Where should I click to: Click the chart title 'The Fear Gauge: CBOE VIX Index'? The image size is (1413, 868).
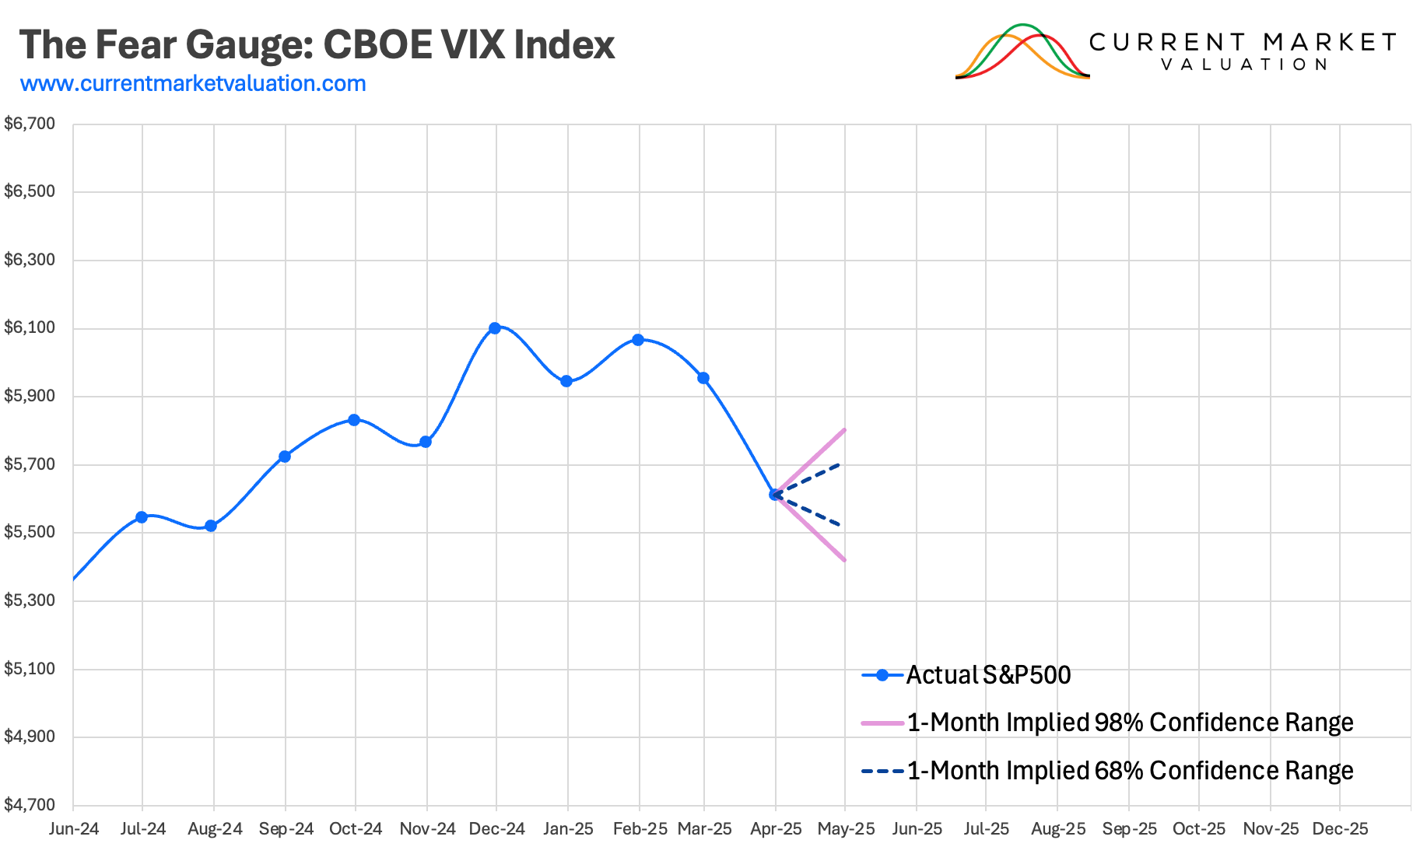(x=317, y=44)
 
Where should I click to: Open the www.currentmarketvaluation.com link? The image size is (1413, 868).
(x=193, y=83)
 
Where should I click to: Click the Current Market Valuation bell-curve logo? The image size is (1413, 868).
(x=1022, y=51)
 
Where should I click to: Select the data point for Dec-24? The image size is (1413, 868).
(x=495, y=328)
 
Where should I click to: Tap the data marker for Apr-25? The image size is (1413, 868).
(x=775, y=495)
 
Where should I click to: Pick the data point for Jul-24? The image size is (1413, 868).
(x=142, y=517)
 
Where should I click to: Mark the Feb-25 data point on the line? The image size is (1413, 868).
(x=638, y=340)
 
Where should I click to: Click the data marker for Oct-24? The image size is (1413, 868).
(x=354, y=420)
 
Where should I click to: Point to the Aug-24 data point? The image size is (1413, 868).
(x=211, y=526)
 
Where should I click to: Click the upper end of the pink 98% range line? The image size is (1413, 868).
(x=844, y=430)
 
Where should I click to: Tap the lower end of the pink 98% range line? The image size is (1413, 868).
(x=844, y=560)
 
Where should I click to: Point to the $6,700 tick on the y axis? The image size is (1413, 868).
(x=30, y=124)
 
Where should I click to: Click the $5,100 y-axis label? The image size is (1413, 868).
(x=30, y=669)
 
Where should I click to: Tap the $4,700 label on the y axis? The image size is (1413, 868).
(x=30, y=805)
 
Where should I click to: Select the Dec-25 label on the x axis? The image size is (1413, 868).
(x=1340, y=829)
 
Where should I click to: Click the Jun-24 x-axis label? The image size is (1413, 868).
(x=74, y=829)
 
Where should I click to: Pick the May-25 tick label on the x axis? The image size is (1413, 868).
(x=846, y=829)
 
